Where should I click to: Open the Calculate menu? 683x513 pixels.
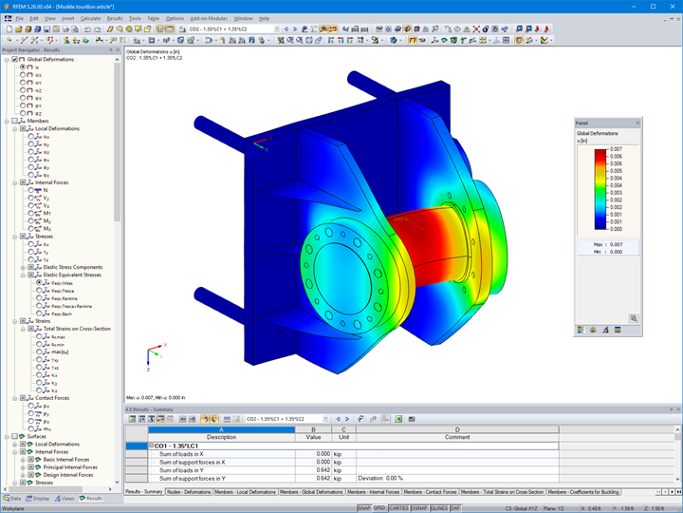click(90, 18)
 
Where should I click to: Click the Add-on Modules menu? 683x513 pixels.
click(208, 18)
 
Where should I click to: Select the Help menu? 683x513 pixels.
click(264, 18)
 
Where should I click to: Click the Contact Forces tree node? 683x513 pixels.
click(49, 398)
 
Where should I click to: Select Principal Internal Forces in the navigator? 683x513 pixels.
click(68, 466)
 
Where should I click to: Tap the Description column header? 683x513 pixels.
click(221, 437)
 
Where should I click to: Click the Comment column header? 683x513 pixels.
click(457, 437)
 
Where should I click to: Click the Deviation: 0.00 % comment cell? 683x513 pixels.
click(381, 478)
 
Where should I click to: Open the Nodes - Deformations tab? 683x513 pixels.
click(189, 492)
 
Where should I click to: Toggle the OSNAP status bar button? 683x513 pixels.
click(419, 508)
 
